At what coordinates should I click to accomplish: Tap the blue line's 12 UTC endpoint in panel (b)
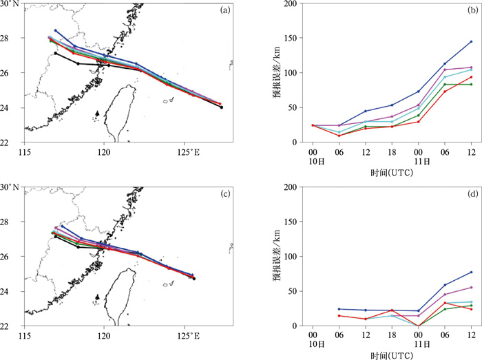[x=471, y=41]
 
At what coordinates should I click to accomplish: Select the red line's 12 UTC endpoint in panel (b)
[x=471, y=76]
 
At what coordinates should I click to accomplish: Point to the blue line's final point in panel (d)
[x=471, y=272]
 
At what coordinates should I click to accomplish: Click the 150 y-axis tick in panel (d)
[x=291, y=222]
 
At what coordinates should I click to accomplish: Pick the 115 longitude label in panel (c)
[x=25, y=336]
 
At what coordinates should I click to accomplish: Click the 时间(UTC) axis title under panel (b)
[x=391, y=175]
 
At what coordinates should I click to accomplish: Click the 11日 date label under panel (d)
[x=418, y=343]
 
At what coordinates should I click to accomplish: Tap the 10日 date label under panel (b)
[x=313, y=162]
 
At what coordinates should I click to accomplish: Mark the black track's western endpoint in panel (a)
[x=56, y=53]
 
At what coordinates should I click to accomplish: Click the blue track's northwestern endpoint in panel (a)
[x=56, y=30]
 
